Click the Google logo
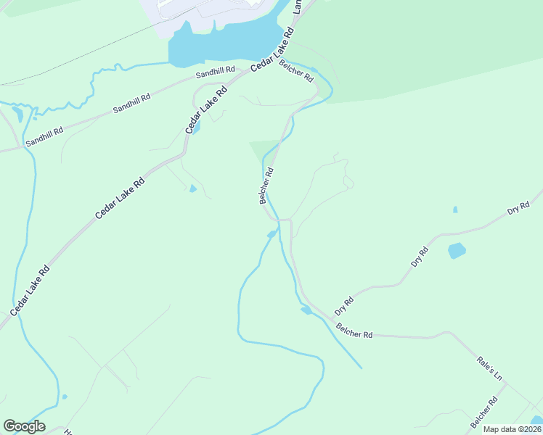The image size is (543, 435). pos(24,426)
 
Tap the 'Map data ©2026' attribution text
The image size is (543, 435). pos(512,429)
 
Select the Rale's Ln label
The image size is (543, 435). pos(489,368)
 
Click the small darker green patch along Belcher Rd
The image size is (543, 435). pos(263,150)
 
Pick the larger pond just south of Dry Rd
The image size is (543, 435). pos(457,251)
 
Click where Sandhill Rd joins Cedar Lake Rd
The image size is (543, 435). pos(245,73)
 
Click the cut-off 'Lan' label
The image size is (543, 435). pos(298,7)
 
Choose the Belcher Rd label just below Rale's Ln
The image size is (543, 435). pos(483,412)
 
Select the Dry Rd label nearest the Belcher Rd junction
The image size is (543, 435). pos(344,305)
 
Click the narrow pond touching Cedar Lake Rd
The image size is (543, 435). pos(197,128)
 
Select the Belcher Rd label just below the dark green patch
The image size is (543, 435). pos(266,186)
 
